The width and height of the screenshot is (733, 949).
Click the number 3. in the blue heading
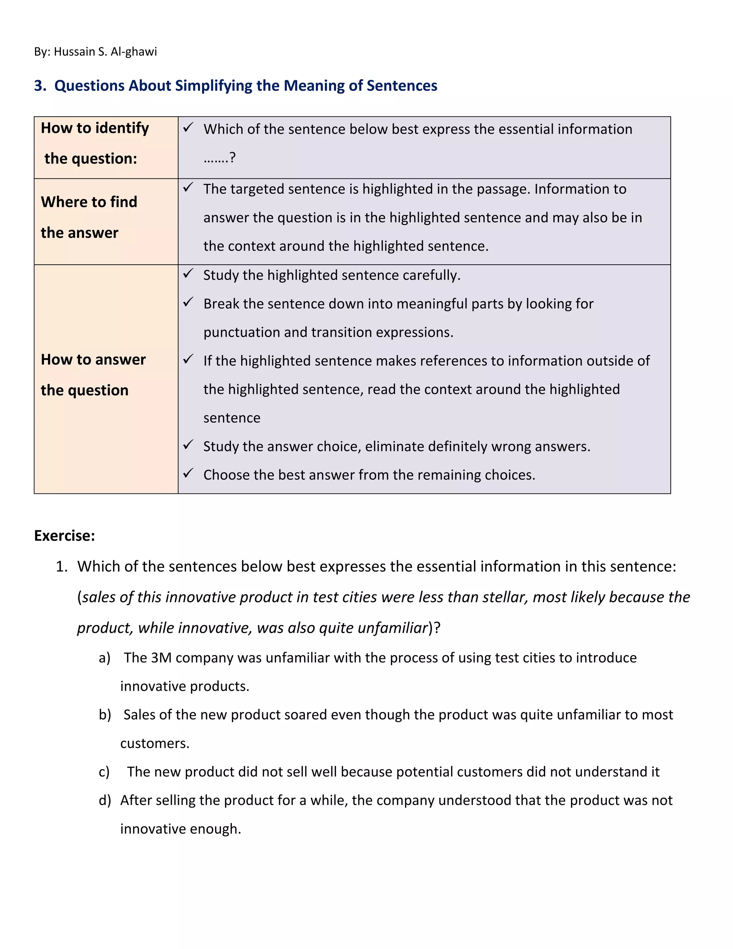tap(40, 86)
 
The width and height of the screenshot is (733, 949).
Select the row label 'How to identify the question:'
tap(94, 143)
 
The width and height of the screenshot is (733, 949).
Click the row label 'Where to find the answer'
tap(89, 217)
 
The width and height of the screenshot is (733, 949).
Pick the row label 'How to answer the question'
tap(93, 375)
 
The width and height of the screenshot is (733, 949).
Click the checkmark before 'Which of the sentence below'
tap(188, 128)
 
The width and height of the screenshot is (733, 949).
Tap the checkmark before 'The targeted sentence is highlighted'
tap(188, 188)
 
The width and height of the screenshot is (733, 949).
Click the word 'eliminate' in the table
tap(393, 447)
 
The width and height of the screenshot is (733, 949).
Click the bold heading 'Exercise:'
tap(64, 536)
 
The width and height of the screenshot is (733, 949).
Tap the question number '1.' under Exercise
tap(62, 567)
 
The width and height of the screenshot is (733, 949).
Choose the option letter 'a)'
tap(104, 658)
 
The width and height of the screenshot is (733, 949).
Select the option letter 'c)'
tap(104, 772)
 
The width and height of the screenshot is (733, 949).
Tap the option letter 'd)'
tap(105, 800)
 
